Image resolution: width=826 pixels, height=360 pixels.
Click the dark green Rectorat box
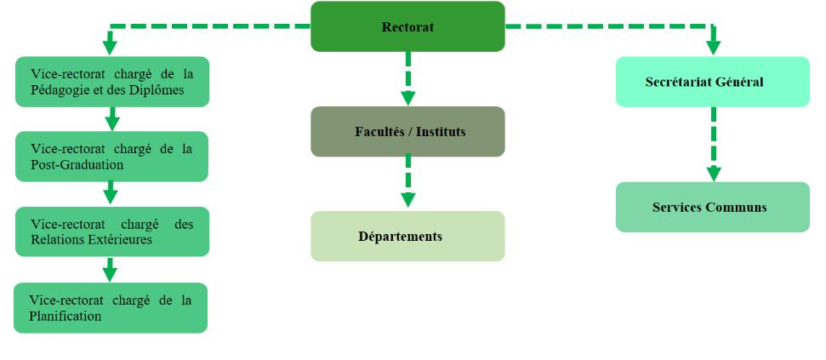(x=407, y=26)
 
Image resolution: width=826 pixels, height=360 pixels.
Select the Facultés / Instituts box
(x=407, y=132)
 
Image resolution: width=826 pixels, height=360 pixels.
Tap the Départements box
(x=407, y=236)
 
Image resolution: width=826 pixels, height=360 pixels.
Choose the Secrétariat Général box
(x=712, y=82)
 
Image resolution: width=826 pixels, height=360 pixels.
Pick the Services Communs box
(x=712, y=207)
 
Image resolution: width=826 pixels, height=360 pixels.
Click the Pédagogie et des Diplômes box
(x=111, y=82)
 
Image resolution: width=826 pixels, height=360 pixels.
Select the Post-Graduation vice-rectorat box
(x=111, y=157)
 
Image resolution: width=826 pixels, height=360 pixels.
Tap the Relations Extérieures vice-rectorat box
(x=111, y=231)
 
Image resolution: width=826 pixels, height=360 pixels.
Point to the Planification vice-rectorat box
(x=111, y=308)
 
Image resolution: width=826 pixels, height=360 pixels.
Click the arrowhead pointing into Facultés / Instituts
(x=407, y=97)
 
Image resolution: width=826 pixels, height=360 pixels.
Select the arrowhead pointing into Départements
(x=407, y=201)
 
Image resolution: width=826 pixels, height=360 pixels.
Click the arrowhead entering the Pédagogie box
(x=110, y=48)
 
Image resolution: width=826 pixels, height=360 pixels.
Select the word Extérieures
(x=117, y=240)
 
